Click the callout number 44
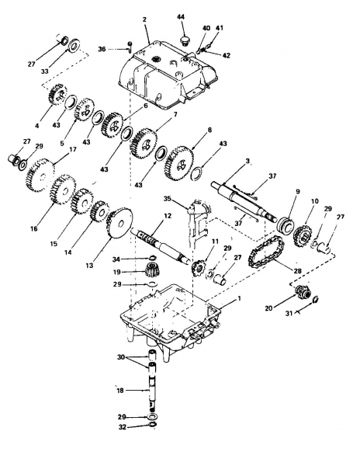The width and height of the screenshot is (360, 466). click(181, 16)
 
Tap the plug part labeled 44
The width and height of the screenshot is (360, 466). click(185, 40)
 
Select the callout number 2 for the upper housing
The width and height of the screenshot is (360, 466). click(144, 19)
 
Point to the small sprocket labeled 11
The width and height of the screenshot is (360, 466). click(197, 267)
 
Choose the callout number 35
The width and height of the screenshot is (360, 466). click(168, 199)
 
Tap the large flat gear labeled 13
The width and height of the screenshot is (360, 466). click(120, 223)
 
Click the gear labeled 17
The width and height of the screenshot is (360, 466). click(40, 176)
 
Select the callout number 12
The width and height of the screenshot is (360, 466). click(168, 216)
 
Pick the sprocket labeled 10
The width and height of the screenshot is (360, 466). click(302, 236)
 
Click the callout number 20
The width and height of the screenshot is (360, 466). click(268, 308)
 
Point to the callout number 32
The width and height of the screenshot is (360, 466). click(123, 427)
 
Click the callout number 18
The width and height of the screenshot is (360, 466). click(120, 391)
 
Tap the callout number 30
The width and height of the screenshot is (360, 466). click(121, 357)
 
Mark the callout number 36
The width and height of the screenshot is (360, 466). click(102, 49)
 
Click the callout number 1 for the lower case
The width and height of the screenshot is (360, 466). click(240, 298)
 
